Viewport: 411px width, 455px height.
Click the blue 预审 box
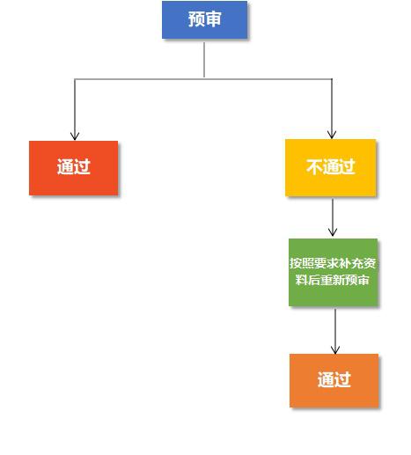point(204,19)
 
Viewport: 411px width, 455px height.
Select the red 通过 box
point(73,168)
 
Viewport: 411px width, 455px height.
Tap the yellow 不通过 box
point(330,167)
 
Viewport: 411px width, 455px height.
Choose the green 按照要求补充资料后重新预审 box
point(333,272)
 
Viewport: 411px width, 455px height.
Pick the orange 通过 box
point(334,380)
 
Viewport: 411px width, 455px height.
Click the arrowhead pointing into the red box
point(75,136)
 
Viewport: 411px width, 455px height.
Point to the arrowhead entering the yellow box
point(332,135)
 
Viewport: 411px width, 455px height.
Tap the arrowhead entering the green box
point(333,232)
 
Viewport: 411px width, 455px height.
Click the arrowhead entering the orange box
point(335,349)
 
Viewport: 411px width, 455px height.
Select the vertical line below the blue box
point(204,60)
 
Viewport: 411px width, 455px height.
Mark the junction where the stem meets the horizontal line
point(204,79)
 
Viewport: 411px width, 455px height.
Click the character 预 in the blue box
point(196,19)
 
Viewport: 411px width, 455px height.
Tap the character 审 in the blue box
point(213,19)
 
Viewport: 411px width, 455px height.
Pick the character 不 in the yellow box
point(314,167)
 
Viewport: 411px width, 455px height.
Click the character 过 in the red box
point(82,167)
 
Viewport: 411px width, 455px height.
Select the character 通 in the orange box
point(326,379)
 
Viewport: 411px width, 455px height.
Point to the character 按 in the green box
point(296,263)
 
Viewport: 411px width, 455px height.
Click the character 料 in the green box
point(301,280)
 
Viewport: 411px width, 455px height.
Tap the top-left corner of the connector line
point(75,79)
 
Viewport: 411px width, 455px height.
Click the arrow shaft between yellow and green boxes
point(333,216)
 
